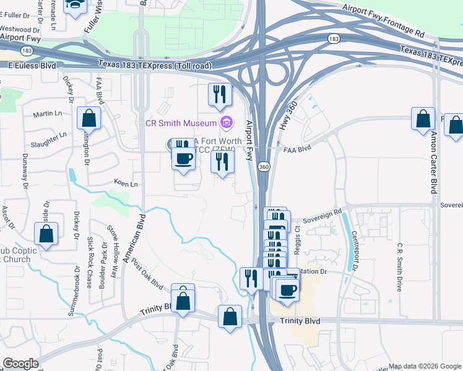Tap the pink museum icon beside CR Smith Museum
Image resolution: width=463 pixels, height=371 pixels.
[227, 121]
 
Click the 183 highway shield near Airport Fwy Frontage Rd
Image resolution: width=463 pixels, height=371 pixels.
[334, 39]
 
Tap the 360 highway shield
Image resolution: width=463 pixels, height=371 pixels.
[263, 168]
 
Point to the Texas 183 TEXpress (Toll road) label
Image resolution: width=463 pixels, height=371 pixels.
[155, 65]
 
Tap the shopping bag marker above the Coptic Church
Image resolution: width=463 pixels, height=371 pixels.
[46, 234]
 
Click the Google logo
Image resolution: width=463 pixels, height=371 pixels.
[20, 364]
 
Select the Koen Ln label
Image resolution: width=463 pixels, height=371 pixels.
[126, 184]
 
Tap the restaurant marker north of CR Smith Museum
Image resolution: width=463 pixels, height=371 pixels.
[219, 94]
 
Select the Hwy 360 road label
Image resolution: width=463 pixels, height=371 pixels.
[285, 115]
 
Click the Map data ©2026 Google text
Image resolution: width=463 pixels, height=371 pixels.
[425, 366]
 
